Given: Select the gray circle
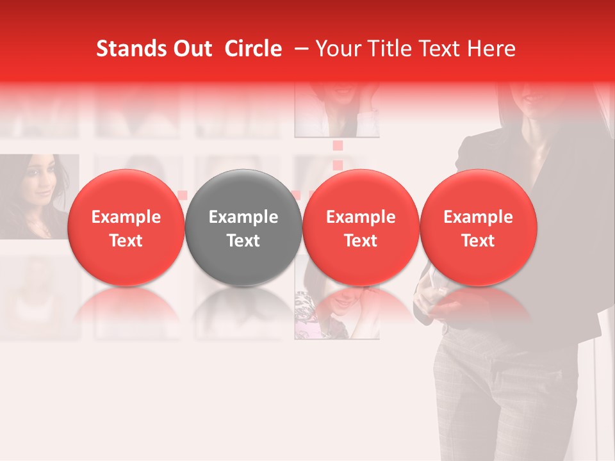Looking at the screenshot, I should click(x=243, y=227).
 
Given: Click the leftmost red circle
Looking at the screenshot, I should click(x=126, y=227).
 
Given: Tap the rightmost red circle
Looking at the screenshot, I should click(x=479, y=227).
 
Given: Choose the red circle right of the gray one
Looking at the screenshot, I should click(x=361, y=227).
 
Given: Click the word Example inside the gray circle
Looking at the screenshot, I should click(x=243, y=217).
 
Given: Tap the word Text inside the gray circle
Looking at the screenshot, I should click(x=243, y=241).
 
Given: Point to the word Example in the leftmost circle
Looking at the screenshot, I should click(x=126, y=217).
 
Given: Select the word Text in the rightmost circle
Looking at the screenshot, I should click(x=479, y=241).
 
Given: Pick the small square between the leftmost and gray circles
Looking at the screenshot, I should click(x=183, y=195).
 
